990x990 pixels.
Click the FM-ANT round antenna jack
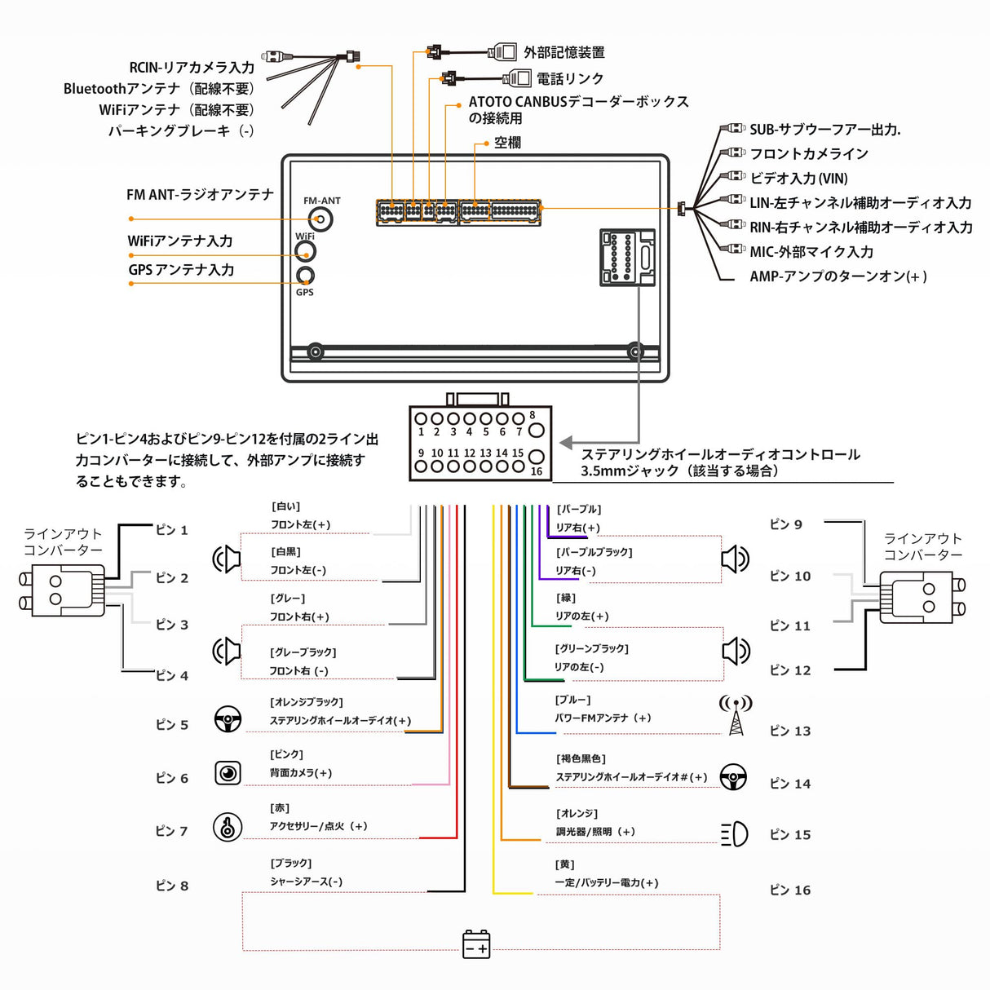tap(321, 219)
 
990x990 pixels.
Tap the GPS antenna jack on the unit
tap(305, 275)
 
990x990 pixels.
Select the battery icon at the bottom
tap(476, 944)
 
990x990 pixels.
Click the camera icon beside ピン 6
tap(228, 772)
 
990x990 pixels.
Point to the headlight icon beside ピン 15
tap(734, 833)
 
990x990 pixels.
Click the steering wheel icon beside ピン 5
tap(228, 718)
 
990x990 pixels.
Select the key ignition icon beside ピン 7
tap(228, 827)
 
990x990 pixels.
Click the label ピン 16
tap(789, 890)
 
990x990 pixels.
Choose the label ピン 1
tap(171, 530)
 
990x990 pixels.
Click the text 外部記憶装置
tap(564, 52)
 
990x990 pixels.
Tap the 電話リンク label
tap(569, 78)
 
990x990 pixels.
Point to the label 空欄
tap(506, 143)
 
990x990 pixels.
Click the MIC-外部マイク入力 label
tap(811, 252)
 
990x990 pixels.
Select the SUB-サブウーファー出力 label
tap(824, 129)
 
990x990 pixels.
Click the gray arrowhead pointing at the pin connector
tap(566, 442)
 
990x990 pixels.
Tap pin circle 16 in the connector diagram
tap(536, 457)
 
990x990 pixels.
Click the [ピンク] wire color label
tap(286, 754)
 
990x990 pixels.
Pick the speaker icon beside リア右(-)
tap(735, 559)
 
